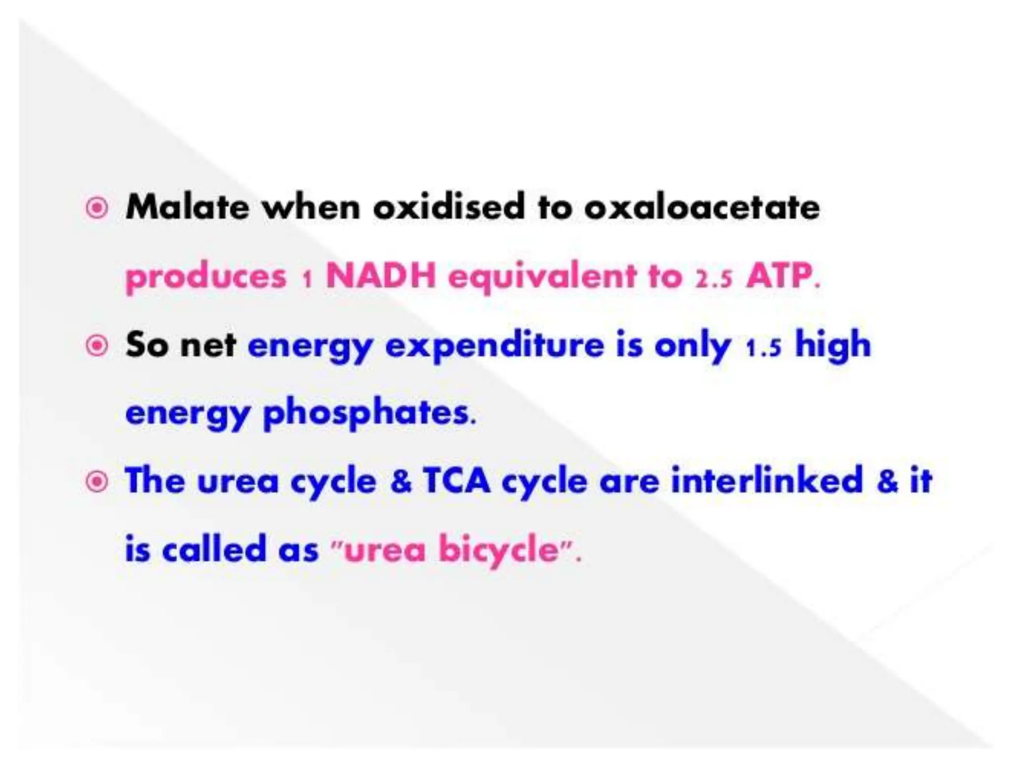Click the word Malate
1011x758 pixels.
click(x=187, y=207)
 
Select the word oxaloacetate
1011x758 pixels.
click(x=701, y=207)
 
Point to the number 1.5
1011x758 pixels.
click(x=763, y=348)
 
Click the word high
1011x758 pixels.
click(x=833, y=345)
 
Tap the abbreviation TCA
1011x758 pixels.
click(x=457, y=481)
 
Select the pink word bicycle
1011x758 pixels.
click(x=499, y=550)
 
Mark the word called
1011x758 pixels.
click(x=214, y=549)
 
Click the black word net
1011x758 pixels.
click(x=208, y=345)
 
